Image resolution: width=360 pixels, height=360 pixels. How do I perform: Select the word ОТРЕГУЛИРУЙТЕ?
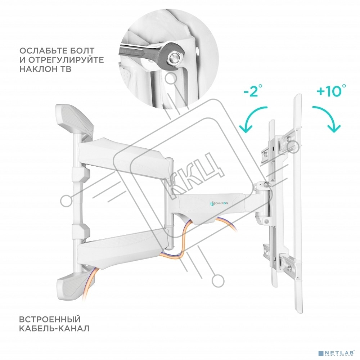click(x=66, y=60)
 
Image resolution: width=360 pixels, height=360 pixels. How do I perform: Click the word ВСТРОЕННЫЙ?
click(x=50, y=319)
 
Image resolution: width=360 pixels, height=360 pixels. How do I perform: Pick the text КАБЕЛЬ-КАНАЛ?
click(x=54, y=328)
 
